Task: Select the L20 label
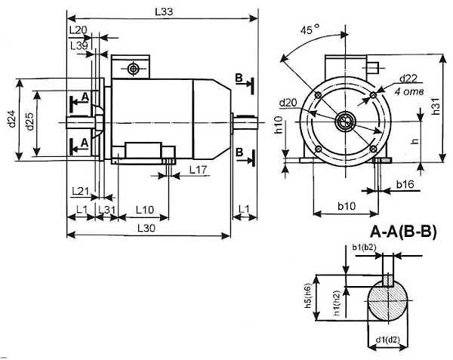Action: click(79, 30)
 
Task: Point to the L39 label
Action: click(79, 45)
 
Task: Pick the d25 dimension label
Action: click(29, 119)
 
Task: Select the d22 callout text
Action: click(408, 78)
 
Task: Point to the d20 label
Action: click(288, 103)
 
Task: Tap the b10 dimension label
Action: click(347, 205)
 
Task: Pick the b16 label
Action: click(405, 184)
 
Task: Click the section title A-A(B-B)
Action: click(402, 231)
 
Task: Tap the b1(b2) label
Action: click(365, 247)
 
